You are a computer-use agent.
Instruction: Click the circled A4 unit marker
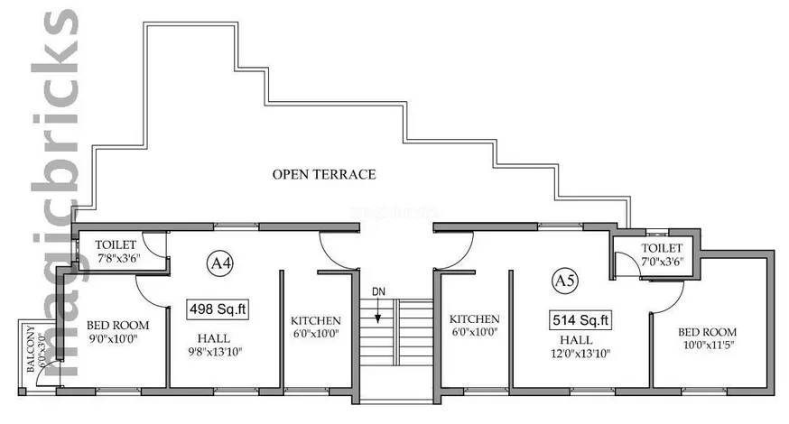220,263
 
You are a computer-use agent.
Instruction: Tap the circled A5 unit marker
565,281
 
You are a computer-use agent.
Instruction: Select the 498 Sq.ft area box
218,309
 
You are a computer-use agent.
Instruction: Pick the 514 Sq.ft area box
580,320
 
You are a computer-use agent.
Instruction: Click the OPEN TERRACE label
324,174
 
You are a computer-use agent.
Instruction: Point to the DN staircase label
378,291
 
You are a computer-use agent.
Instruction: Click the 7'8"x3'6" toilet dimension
118,258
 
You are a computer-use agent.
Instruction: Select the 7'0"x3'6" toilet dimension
663,261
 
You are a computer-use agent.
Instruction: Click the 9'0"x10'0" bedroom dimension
113,338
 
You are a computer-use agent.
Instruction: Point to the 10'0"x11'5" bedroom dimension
707,345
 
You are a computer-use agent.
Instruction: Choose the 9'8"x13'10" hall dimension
215,352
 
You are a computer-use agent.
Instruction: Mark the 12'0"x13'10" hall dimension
580,353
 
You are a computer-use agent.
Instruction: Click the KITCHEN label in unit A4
315,321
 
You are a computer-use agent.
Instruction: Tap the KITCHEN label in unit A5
475,319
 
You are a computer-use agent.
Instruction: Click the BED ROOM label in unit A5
707,332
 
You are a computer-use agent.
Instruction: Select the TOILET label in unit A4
116,245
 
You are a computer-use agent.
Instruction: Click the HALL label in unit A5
576,340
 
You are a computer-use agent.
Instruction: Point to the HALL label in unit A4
213,338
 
